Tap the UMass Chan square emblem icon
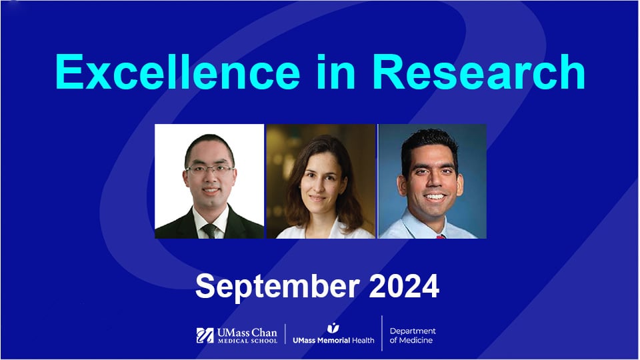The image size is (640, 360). tap(205, 335)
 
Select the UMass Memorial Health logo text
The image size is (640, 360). tap(333, 339)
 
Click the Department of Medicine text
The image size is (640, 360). tap(413, 335)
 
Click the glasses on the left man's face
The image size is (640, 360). tap(209, 169)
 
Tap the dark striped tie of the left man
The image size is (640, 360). tap(210, 231)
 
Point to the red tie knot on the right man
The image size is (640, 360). tap(441, 235)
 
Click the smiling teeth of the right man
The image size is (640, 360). tap(435, 197)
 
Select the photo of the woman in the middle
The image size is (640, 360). tap(321, 181)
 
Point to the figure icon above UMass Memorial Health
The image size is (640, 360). tap(333, 327)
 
